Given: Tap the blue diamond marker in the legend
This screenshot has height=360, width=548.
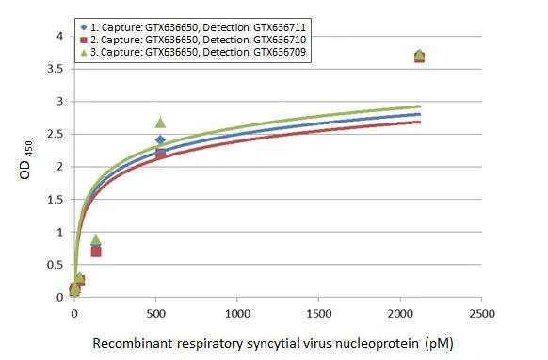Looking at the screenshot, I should point(84,27).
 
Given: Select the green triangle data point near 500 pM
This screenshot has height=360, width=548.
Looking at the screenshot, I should point(160,123).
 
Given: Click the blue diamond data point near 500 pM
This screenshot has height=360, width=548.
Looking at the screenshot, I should point(160,140).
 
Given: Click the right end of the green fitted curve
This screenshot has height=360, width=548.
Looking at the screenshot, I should point(419,106).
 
